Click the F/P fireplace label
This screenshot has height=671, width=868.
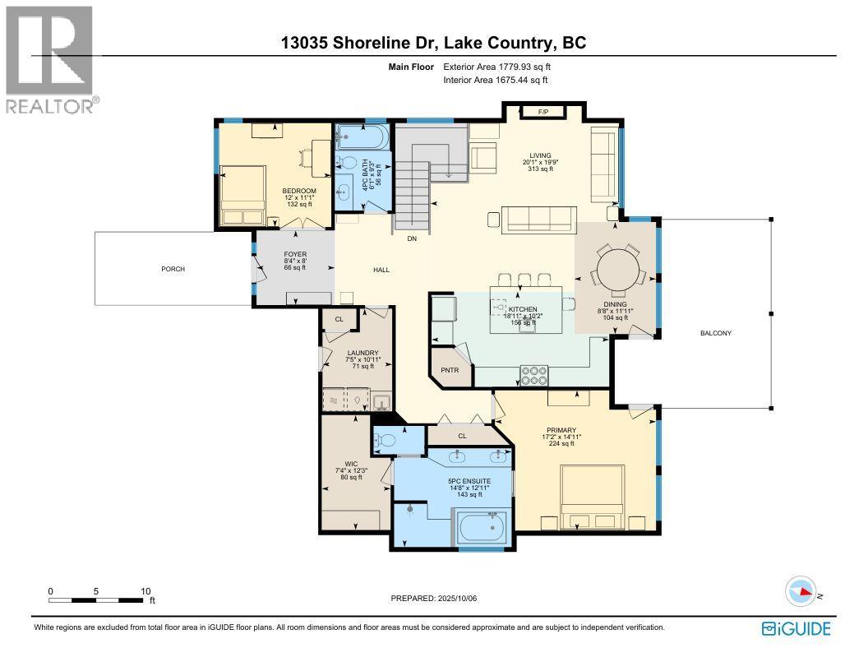point(543,112)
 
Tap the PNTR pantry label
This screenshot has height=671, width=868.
point(450,370)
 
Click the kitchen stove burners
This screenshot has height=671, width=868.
point(534,376)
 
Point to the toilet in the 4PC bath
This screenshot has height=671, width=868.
point(348,163)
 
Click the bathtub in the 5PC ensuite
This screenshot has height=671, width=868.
point(480,528)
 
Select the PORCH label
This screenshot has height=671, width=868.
point(173,269)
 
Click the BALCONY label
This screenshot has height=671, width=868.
point(716,333)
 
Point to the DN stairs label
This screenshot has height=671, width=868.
point(412,238)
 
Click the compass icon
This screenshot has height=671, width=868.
point(801,591)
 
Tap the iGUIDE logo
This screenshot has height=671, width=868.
point(796,629)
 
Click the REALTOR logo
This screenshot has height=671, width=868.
point(50,59)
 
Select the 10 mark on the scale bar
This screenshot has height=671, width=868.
point(145,591)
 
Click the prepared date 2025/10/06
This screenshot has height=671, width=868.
point(457,599)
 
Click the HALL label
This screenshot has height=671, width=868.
point(381,271)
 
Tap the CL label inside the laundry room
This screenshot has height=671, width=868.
point(339,319)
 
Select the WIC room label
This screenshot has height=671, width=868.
point(351,464)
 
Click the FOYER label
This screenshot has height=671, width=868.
point(295,255)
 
